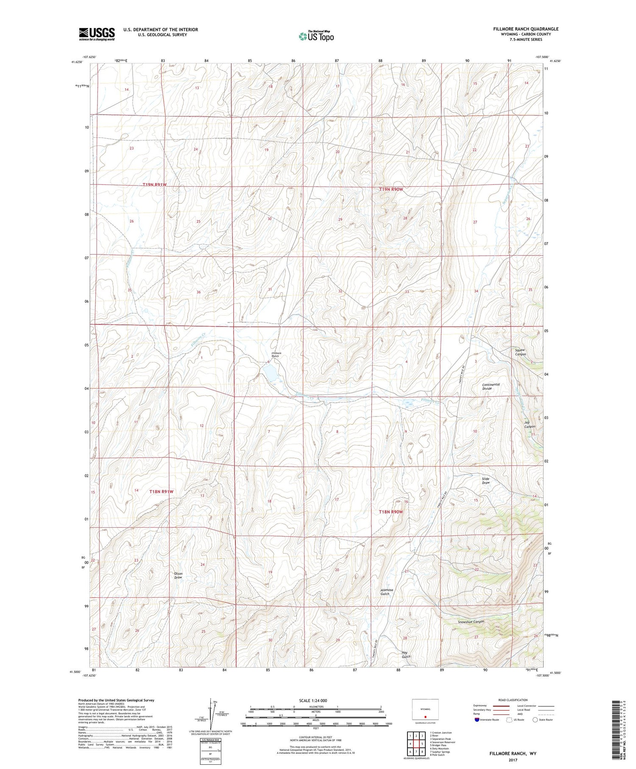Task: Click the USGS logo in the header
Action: (x=97, y=34)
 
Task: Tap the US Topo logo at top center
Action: (x=316, y=36)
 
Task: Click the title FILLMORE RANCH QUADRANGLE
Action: (x=525, y=29)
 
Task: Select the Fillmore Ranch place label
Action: (x=276, y=355)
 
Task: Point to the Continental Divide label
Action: (x=491, y=386)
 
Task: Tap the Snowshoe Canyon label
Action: (x=471, y=622)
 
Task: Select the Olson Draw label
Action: (x=178, y=576)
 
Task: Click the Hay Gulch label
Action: (x=406, y=654)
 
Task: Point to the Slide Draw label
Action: (x=485, y=481)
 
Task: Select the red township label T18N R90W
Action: (x=391, y=512)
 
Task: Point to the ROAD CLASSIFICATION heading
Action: (x=513, y=700)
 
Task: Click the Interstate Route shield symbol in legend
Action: (x=477, y=720)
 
